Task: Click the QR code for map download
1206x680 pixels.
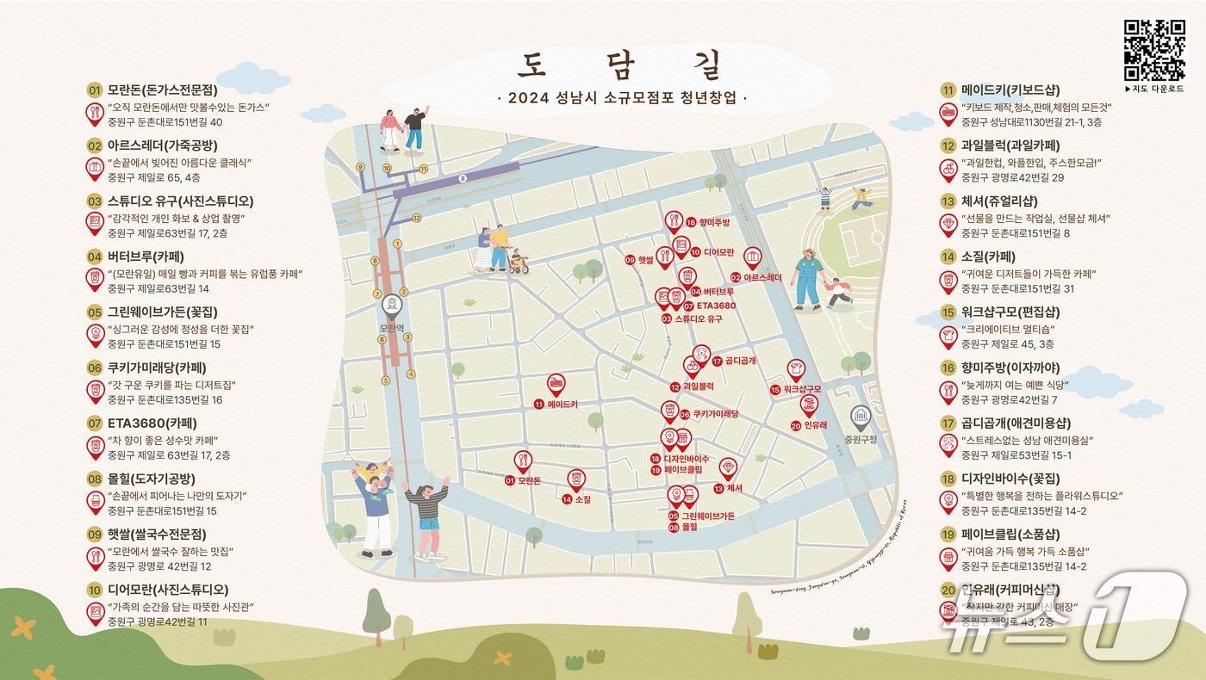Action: [x=1153, y=49]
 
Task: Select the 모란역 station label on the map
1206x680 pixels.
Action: [x=393, y=328]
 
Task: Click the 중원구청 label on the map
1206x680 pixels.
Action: [x=861, y=439]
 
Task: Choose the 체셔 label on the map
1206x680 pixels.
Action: [x=734, y=488]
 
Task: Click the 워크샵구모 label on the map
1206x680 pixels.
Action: [x=800, y=390]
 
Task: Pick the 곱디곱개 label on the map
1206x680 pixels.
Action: [x=739, y=361]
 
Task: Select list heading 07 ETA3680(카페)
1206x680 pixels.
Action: [x=152, y=423]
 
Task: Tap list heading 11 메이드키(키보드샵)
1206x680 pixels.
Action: [x=1010, y=90]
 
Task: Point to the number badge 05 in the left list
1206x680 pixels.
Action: [x=95, y=312]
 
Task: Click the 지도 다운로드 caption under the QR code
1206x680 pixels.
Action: [x=1157, y=89]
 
